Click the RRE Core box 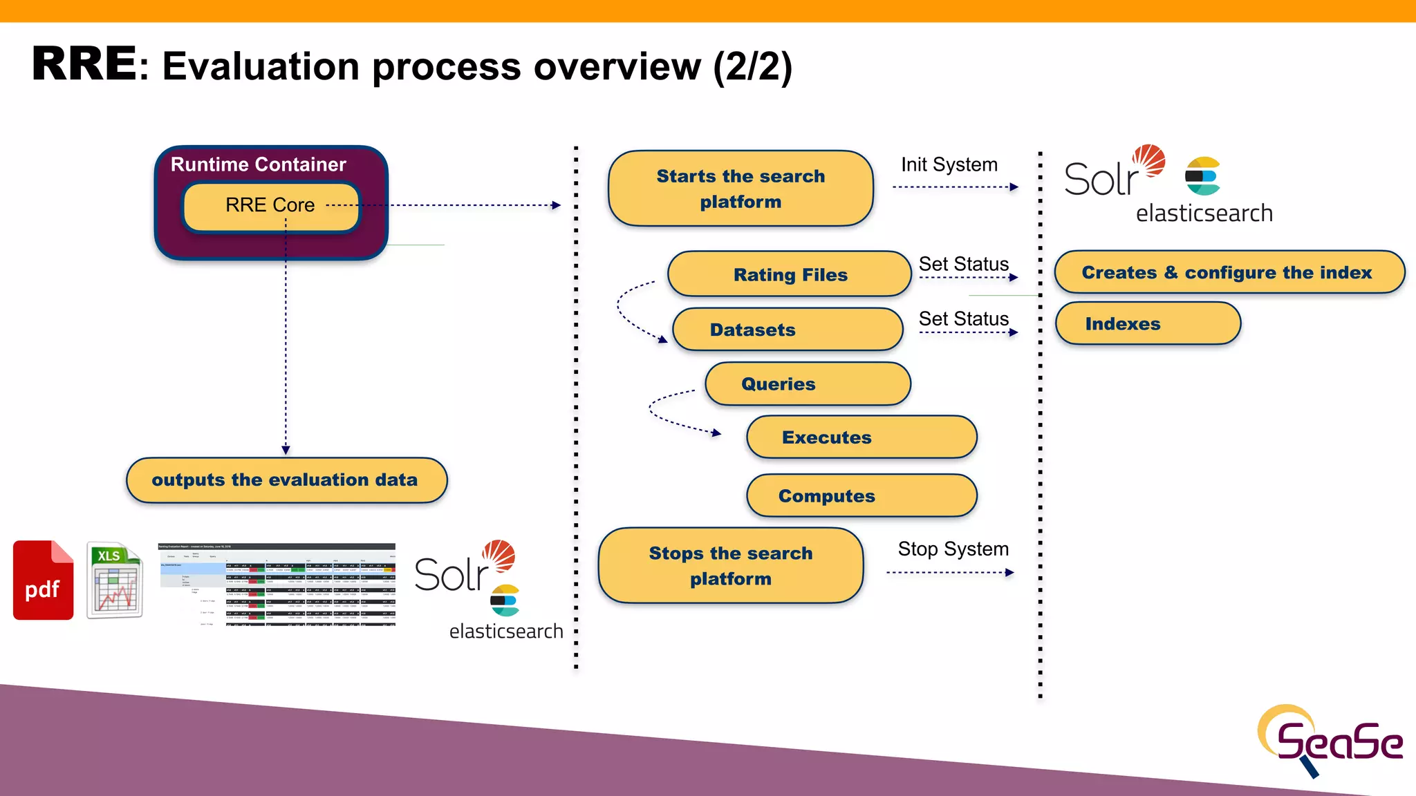(x=270, y=206)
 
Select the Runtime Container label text (x=258, y=164)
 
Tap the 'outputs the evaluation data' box (x=286, y=480)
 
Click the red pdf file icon (x=43, y=580)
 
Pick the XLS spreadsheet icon (x=115, y=580)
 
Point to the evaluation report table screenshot (x=277, y=585)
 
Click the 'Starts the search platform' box (x=740, y=189)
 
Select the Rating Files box (x=790, y=274)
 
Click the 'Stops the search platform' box (x=730, y=565)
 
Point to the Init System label (x=949, y=164)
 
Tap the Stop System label (x=953, y=549)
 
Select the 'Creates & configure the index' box (x=1229, y=272)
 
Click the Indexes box (x=1148, y=323)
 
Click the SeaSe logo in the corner (x=1329, y=741)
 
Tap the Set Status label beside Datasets (x=963, y=319)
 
